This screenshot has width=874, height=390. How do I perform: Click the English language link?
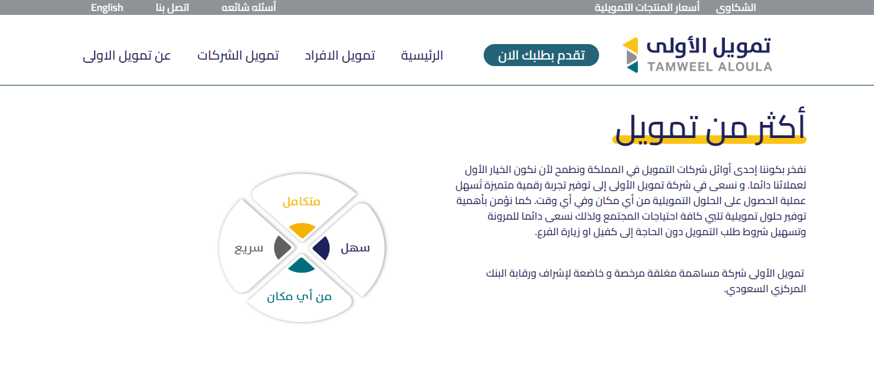107,8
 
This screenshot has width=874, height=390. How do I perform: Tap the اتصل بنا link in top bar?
172,8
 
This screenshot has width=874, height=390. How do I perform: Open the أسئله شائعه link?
248,8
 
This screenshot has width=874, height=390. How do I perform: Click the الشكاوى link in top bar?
735,8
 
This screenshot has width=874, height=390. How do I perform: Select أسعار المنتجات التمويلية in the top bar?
647,8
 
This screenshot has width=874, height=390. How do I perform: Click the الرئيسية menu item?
422,55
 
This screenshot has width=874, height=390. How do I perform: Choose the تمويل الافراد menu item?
340,55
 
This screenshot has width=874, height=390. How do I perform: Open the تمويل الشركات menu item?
237,55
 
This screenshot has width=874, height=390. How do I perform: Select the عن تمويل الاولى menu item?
127,55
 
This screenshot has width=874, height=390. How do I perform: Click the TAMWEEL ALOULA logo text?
710,67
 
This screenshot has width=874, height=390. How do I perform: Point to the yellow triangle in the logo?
630,45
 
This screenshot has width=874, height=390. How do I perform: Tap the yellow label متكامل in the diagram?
301,201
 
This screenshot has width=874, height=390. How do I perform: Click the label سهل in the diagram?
355,248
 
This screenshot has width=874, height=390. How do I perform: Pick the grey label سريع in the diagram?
249,248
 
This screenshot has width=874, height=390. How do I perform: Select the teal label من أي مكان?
299,297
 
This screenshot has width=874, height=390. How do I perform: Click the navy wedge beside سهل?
322,248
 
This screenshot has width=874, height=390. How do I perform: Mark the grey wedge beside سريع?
281,247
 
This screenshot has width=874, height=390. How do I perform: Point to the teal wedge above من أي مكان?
301,266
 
